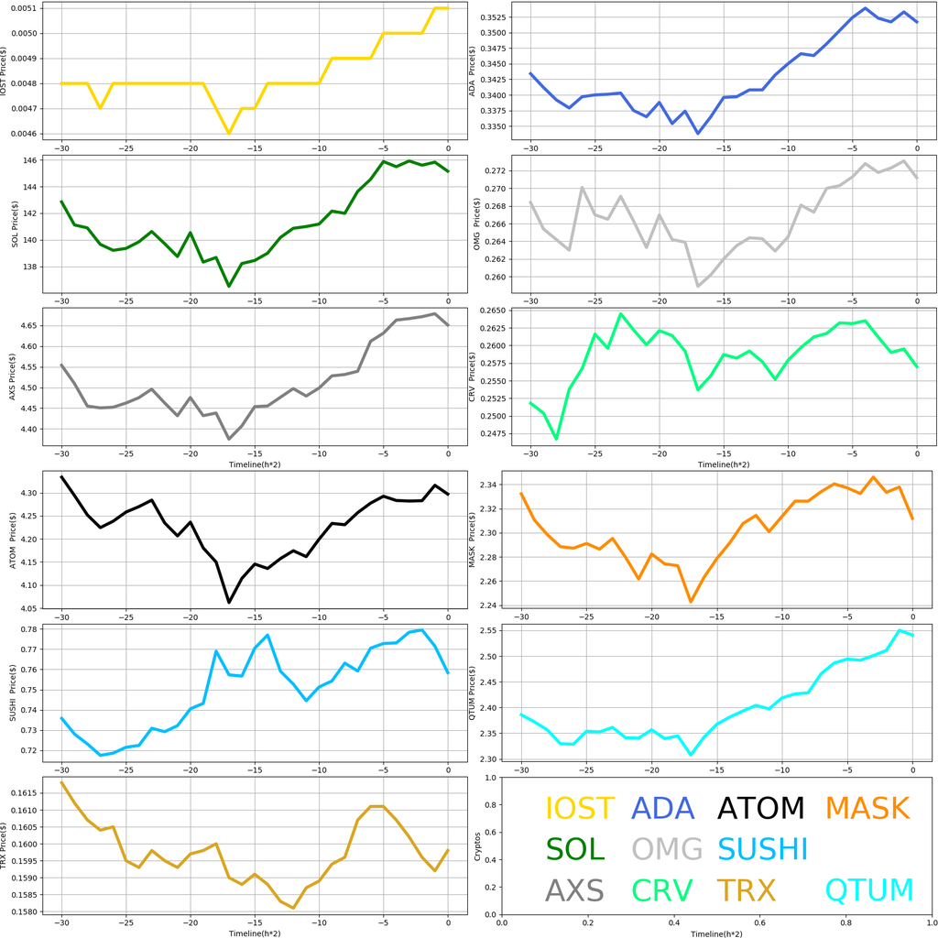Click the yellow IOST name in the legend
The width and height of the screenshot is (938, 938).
pyautogui.click(x=580, y=809)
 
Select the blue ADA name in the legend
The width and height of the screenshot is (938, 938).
pyautogui.click(x=663, y=809)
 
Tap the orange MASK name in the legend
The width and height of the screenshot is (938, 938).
pyautogui.click(x=867, y=809)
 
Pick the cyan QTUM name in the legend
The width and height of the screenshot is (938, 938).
pyautogui.click(x=869, y=890)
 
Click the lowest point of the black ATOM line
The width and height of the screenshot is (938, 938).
pyautogui.click(x=229, y=603)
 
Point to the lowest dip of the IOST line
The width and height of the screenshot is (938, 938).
pyautogui.click(x=229, y=134)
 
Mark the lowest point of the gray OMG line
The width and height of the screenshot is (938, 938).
pyautogui.click(x=698, y=287)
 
